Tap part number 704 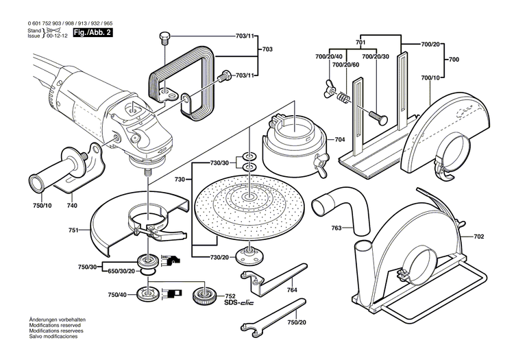340,141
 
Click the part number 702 478,237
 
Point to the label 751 73,230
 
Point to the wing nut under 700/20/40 325,86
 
